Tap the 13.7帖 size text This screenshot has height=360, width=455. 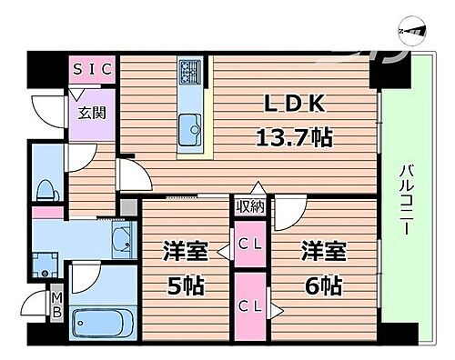click(291, 138)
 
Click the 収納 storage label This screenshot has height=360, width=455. click(251, 206)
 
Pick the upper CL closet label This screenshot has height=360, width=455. click(248, 243)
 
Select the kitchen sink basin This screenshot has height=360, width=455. click(191, 125)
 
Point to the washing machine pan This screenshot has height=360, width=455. click(44, 265)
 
